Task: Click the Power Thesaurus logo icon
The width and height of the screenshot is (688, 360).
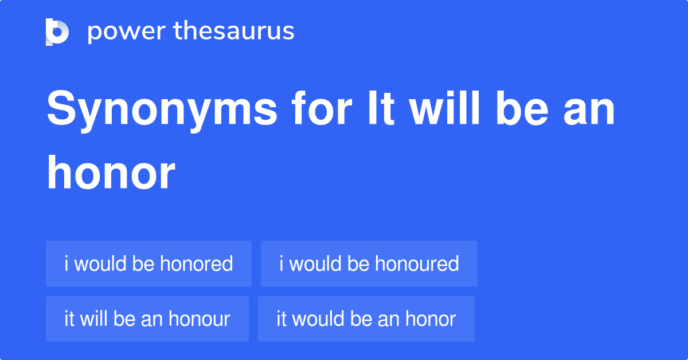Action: [57, 32]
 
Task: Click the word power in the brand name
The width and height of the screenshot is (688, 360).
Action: [127, 32]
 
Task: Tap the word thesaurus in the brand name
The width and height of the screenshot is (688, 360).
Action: [234, 30]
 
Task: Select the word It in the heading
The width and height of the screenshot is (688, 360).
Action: [381, 108]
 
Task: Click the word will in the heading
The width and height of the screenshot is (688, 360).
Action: [444, 108]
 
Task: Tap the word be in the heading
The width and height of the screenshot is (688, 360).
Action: [522, 108]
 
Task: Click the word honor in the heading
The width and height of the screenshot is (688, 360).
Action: [111, 172]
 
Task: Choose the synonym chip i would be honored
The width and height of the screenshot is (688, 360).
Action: [148, 264]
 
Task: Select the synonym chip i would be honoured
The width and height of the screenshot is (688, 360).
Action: [369, 264]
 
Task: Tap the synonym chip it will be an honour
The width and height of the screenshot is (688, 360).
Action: [147, 319]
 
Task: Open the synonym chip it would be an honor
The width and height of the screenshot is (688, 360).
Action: [366, 319]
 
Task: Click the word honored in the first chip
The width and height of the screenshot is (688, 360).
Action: [196, 264]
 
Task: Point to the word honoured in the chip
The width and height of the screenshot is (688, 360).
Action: [417, 264]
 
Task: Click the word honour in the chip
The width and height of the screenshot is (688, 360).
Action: [199, 319]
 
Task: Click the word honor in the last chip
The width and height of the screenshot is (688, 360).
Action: [431, 319]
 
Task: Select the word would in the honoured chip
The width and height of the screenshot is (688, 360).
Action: [315, 264]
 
